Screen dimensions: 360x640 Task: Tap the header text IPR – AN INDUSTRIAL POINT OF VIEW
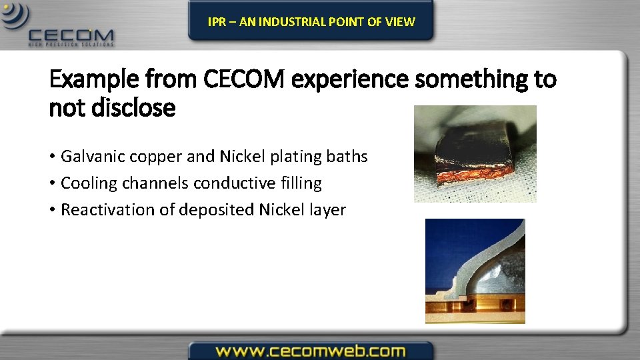click(x=311, y=22)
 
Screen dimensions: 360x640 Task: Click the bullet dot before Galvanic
click(x=52, y=157)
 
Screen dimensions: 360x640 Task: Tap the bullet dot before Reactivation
click(x=52, y=211)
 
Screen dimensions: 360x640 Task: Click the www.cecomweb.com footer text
click(x=311, y=351)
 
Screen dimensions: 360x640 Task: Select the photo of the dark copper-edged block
click(x=475, y=154)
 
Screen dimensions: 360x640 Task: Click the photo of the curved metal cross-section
click(x=475, y=271)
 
